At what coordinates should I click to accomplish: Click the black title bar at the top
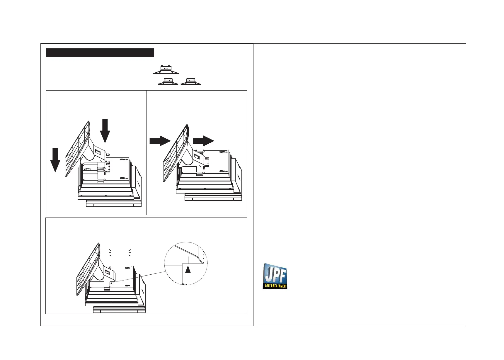point(100,53)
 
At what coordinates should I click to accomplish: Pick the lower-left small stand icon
point(168,82)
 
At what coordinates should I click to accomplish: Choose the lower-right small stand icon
point(190,82)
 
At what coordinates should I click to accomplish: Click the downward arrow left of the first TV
point(55,160)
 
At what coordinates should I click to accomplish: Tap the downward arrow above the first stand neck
point(105,130)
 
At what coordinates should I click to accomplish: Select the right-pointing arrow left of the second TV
point(160,141)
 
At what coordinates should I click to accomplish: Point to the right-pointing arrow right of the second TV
point(203,141)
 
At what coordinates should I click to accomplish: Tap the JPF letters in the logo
point(275,274)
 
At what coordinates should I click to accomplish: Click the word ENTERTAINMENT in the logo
point(275,286)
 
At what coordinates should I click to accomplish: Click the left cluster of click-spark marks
point(110,253)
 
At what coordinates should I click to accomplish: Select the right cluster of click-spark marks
point(129,253)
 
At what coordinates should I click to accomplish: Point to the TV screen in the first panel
point(77,150)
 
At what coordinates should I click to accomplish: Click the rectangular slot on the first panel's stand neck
point(98,152)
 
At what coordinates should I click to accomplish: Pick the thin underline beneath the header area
point(88,88)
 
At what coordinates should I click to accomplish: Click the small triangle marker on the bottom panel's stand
point(112,283)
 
